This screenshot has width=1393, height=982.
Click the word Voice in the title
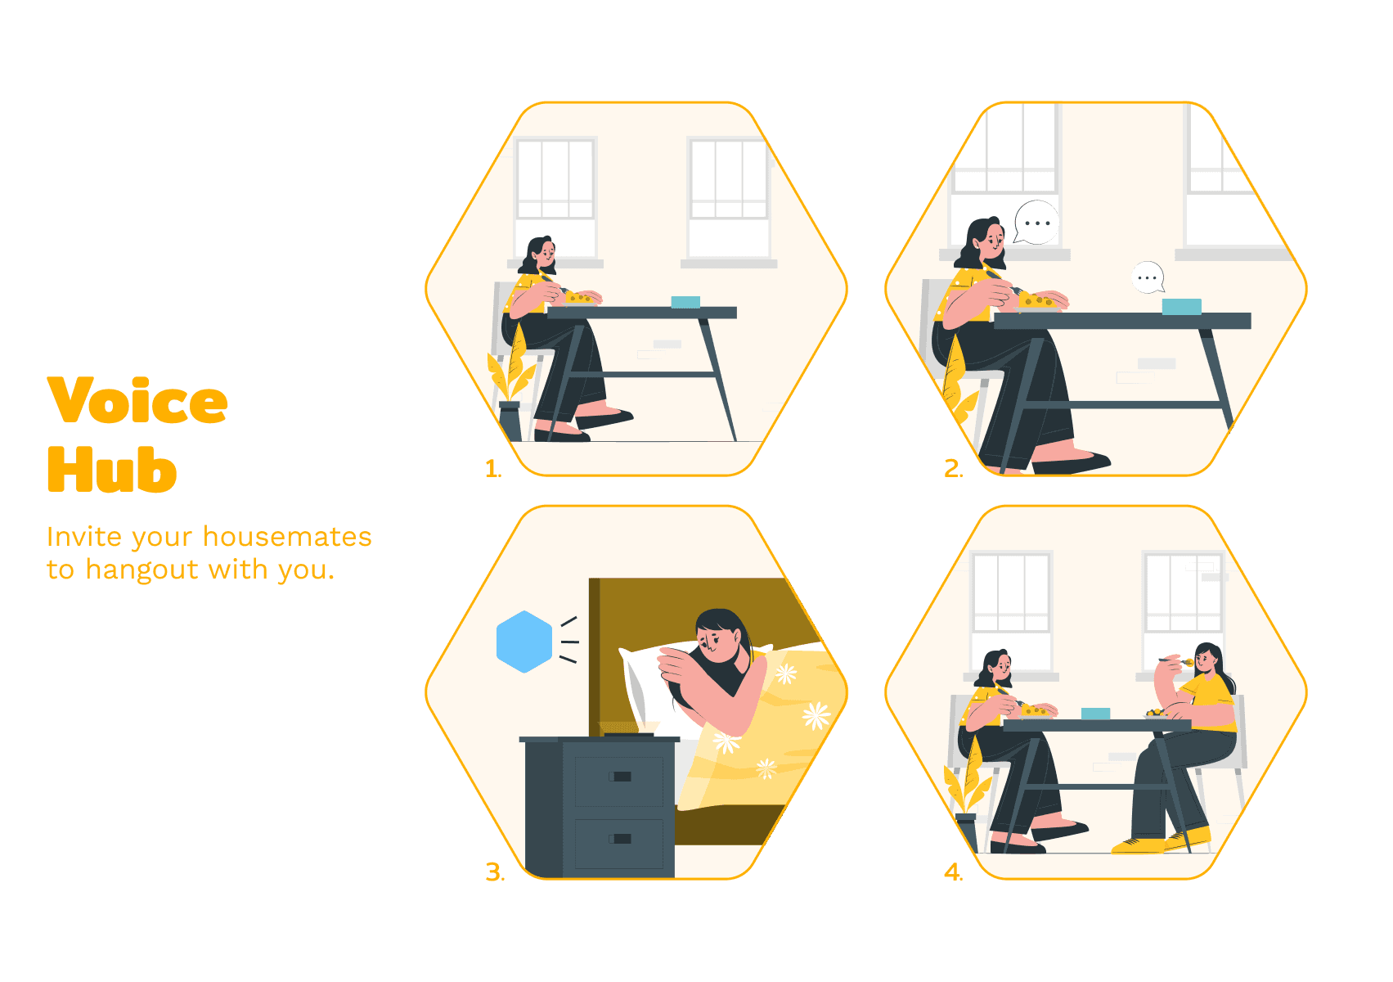tap(137, 400)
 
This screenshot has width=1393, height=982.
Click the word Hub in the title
tap(112, 469)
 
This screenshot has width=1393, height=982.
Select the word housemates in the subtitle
tap(287, 537)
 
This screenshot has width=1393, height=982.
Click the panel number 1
tap(492, 469)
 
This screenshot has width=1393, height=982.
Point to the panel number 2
tap(953, 469)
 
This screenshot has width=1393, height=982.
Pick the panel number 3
tap(495, 872)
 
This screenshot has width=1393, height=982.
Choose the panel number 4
tap(953, 872)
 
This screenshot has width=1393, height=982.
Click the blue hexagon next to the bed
tap(524, 642)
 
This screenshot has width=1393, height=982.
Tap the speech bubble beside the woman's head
tap(1036, 222)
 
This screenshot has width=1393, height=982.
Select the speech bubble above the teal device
tap(1148, 277)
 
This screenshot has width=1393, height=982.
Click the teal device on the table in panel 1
tap(685, 302)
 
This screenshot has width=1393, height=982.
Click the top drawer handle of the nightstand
tap(620, 776)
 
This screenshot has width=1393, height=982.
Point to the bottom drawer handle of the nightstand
tap(620, 838)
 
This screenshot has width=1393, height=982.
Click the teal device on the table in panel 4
tap(1096, 713)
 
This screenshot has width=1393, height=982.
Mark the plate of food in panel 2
tap(1037, 303)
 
